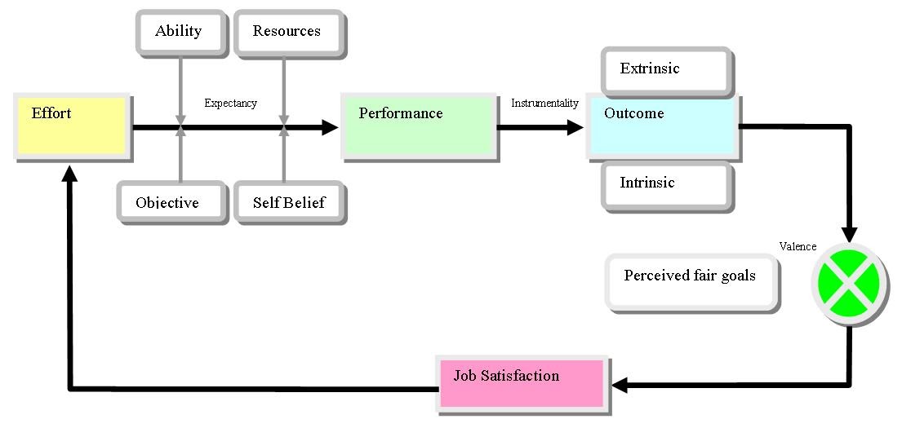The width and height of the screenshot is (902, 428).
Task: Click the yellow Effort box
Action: point(72,126)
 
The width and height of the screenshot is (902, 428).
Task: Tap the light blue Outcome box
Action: point(662,126)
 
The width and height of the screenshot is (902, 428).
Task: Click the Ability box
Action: point(180,32)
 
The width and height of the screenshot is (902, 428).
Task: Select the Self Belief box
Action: point(289,201)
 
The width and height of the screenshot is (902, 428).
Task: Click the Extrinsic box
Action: point(665,70)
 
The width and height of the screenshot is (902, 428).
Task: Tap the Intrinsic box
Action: point(665,185)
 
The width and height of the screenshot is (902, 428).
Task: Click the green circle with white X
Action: point(849,283)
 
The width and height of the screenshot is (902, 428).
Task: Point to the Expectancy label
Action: point(230,104)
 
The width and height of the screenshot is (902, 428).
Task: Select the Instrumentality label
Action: point(544,104)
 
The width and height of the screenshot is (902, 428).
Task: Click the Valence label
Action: point(798,247)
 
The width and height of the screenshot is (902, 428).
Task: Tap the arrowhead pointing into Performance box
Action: point(331,127)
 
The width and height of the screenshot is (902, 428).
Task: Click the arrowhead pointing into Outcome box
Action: point(577,127)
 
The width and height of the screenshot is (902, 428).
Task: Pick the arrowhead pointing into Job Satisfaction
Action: point(618,383)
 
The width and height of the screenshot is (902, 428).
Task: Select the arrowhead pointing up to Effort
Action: point(70,174)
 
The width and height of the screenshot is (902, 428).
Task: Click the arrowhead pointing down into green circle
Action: point(849,235)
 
